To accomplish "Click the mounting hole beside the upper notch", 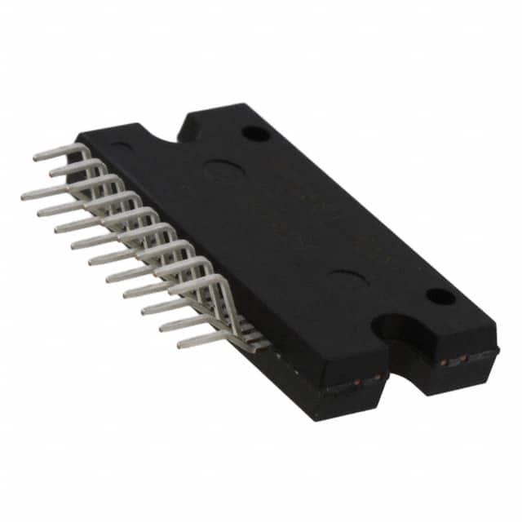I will pyautogui.click(x=254, y=132).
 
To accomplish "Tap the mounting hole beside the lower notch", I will pyautogui.click(x=440, y=296).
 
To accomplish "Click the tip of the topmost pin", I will pyautogui.click(x=35, y=157).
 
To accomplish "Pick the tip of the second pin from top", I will pyautogui.click(x=51, y=173).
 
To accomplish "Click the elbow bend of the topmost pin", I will pyautogui.click(x=84, y=147).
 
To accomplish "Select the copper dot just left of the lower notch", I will pyautogui.click(x=377, y=376).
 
